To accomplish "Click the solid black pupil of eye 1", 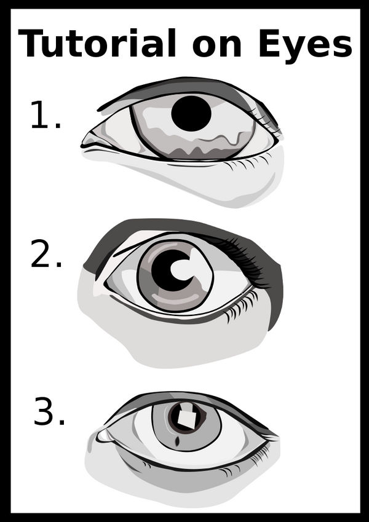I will [191, 114].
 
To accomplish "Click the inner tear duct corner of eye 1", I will [89, 143].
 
